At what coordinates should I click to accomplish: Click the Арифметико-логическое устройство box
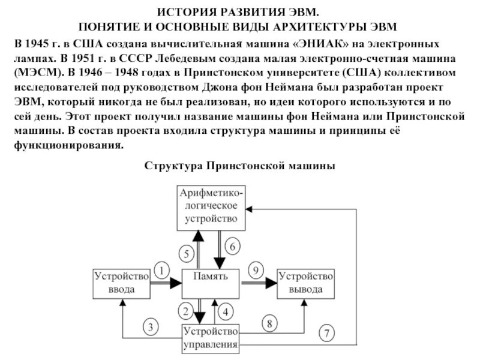click(212, 207)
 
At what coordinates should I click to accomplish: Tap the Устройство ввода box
click(121, 283)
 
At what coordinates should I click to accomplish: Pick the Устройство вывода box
click(304, 283)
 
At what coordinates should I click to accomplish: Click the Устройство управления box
click(211, 337)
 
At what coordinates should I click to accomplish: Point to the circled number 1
click(162, 270)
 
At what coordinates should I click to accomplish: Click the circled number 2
click(187, 311)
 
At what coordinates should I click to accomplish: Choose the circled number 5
click(187, 253)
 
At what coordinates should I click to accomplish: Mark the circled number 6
click(234, 245)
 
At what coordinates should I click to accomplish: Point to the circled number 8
click(269, 323)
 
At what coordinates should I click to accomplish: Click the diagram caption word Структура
click(173, 166)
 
